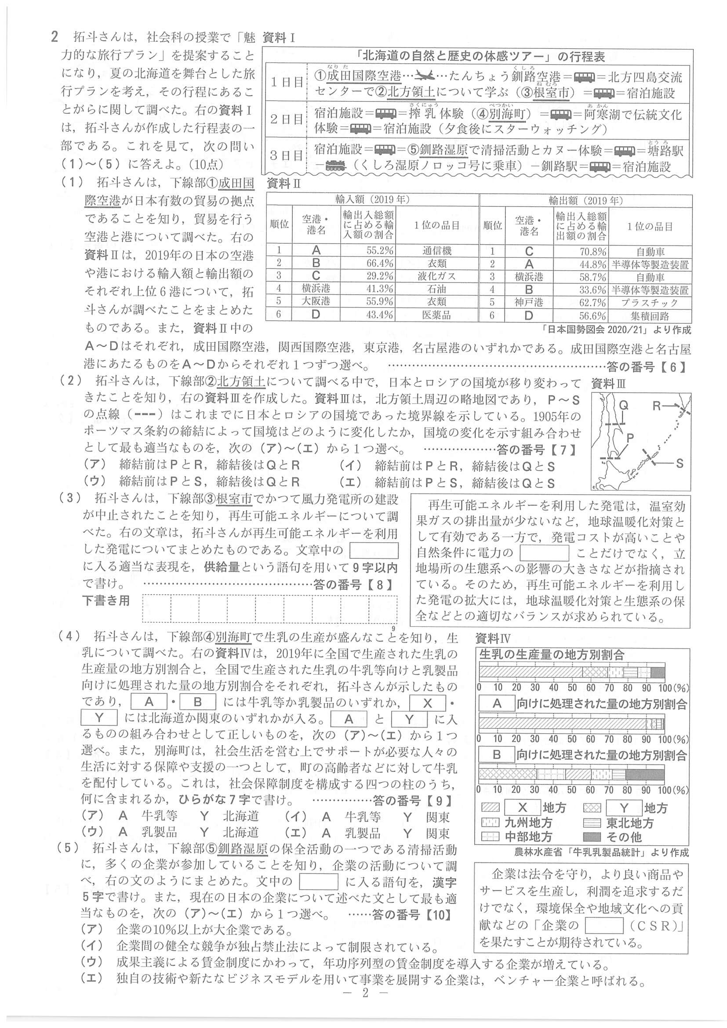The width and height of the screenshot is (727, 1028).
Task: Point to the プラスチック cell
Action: coord(650,303)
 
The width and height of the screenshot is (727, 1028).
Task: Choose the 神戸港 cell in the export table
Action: coord(529,303)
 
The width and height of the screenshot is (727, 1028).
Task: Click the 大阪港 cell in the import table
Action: coord(316,301)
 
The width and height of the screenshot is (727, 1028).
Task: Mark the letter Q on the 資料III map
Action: coord(623,405)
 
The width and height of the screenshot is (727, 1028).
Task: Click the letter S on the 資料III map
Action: coord(680,463)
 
